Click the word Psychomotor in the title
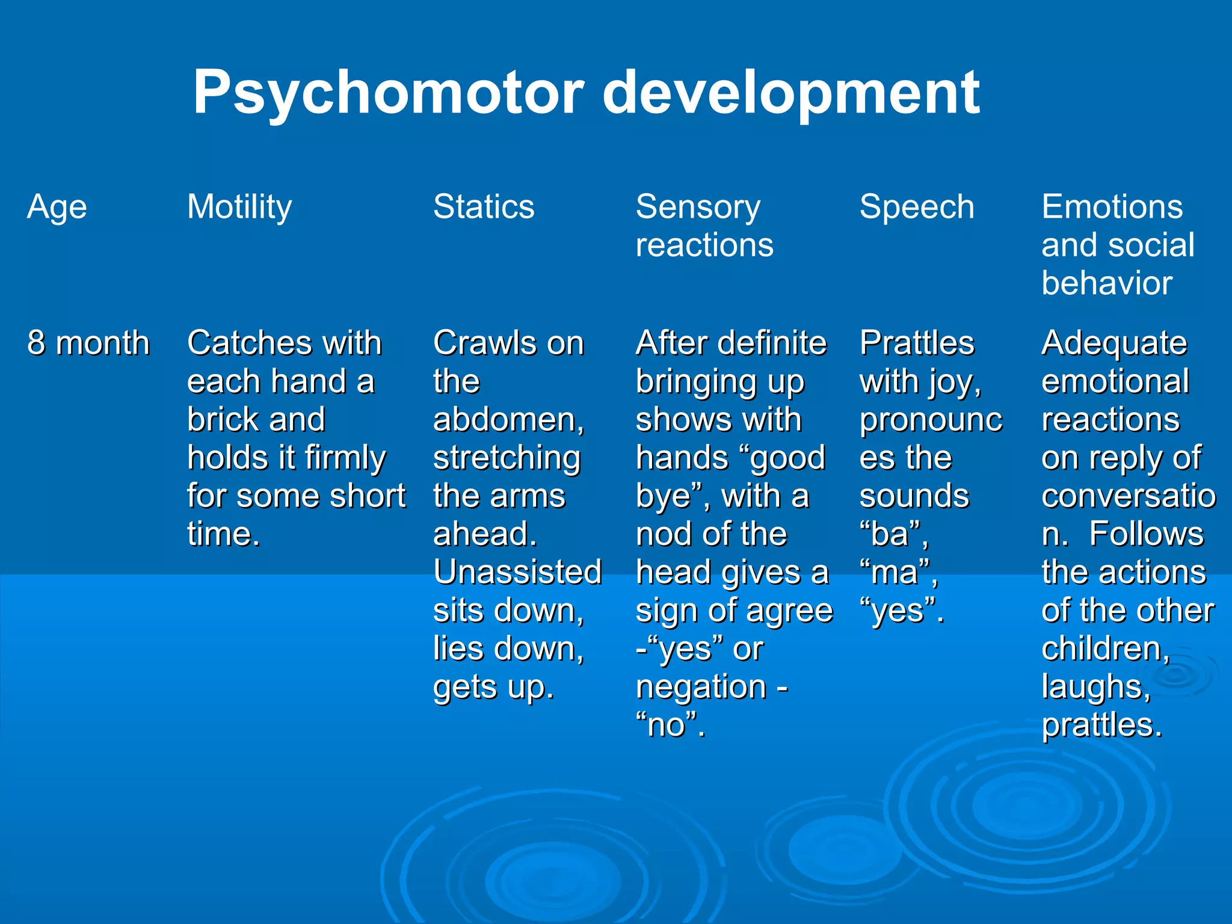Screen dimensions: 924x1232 [388, 93]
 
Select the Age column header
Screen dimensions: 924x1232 [57, 208]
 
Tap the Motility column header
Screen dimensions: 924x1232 [239, 208]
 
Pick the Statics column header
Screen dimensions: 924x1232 [484, 207]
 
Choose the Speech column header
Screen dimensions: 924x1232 [917, 207]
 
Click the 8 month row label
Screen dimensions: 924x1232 [88, 343]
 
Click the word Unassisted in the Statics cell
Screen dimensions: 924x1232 [517, 572]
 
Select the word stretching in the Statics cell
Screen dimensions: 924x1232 [507, 458]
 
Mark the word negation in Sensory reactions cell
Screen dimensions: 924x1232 [701, 687]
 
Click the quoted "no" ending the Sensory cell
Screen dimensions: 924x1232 [669, 725]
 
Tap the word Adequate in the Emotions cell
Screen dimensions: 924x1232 [1114, 343]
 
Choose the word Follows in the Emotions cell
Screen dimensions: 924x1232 [1147, 534]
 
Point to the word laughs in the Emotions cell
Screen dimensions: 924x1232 [1095, 687]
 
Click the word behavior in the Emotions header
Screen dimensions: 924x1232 [1107, 283]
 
